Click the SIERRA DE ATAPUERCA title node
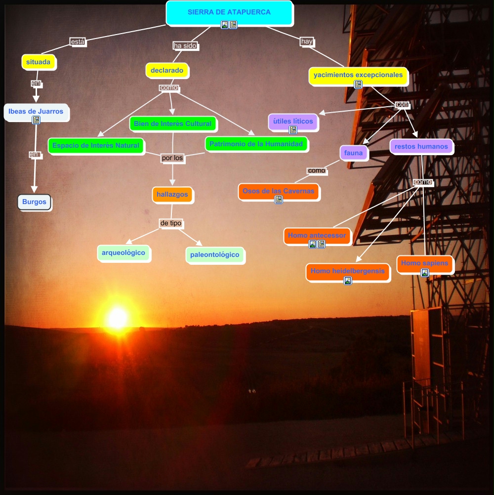click(229, 12)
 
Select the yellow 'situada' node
click(39, 62)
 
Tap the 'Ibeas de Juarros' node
click(36, 112)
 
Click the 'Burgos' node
click(34, 202)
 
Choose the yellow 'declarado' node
click(167, 71)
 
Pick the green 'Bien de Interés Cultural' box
click(172, 124)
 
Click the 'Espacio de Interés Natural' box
click(96, 146)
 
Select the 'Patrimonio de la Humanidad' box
click(256, 144)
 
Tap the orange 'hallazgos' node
click(172, 195)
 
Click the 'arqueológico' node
click(123, 253)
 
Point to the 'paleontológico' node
click(215, 255)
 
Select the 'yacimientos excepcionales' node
click(358, 76)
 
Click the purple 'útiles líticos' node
click(293, 122)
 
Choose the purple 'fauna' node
click(354, 153)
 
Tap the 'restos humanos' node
click(421, 147)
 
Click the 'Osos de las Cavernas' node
click(279, 191)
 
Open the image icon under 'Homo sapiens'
click(425, 273)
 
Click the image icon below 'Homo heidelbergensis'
click(348, 281)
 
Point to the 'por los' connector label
click(172, 159)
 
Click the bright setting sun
click(118, 318)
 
